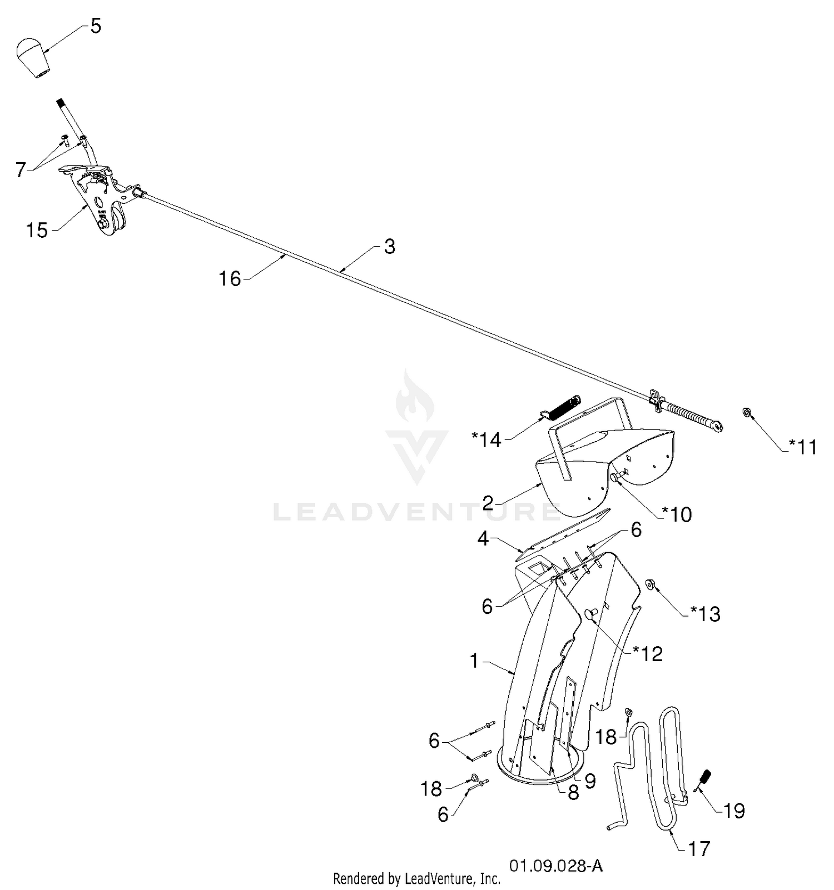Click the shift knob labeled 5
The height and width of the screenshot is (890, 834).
point(32,58)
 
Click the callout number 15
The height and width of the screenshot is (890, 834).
point(37,230)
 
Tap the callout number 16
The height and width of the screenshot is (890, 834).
point(230,278)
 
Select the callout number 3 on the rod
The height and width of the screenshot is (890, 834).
point(389,247)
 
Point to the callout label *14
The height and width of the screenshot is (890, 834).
point(487,440)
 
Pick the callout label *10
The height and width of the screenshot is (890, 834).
point(677,514)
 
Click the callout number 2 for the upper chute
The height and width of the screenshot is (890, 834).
point(488,504)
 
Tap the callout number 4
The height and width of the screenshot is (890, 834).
point(483,538)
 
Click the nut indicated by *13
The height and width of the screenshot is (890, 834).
point(649,584)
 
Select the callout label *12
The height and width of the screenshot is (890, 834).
point(648,654)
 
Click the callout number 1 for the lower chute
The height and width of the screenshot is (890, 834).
point(474,661)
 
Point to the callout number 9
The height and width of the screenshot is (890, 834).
point(590,781)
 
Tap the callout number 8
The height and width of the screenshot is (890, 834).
point(573,793)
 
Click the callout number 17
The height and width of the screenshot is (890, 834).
point(699,849)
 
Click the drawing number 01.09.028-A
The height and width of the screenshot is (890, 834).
point(555,866)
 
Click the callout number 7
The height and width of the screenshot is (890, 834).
point(21,169)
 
